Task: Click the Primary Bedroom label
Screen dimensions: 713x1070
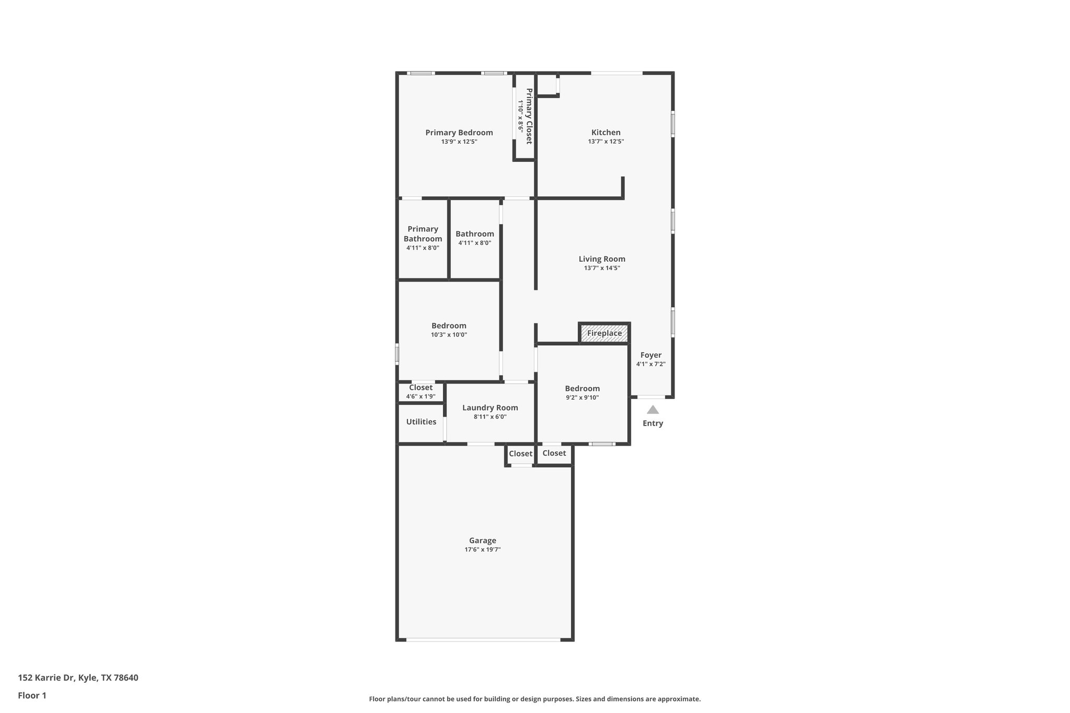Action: click(459, 133)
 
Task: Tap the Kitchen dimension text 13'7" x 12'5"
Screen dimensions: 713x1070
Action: click(606, 142)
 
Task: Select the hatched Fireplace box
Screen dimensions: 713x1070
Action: click(604, 333)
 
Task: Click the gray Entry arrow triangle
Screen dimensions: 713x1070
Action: click(653, 410)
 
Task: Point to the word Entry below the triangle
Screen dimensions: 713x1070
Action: click(653, 423)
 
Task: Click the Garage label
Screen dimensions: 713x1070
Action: click(482, 541)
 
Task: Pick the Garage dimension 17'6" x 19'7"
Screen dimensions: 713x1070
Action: click(482, 550)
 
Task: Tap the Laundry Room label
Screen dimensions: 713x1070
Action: click(490, 408)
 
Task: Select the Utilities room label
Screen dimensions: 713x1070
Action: click(421, 422)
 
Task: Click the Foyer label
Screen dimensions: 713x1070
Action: click(650, 355)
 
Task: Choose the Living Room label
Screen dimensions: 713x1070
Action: click(602, 259)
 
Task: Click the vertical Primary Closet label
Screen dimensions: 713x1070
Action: click(529, 116)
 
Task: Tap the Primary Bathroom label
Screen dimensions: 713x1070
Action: click(423, 234)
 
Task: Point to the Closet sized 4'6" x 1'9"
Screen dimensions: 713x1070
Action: click(421, 388)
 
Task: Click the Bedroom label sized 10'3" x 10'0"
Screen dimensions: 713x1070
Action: click(449, 326)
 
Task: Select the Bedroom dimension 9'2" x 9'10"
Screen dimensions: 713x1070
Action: click(582, 398)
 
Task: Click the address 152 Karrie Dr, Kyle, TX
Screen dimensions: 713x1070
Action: click(78, 678)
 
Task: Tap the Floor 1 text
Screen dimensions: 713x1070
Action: click(32, 696)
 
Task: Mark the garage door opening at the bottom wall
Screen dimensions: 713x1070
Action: click(483, 639)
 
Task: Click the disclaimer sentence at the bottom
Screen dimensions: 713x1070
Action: click(534, 699)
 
